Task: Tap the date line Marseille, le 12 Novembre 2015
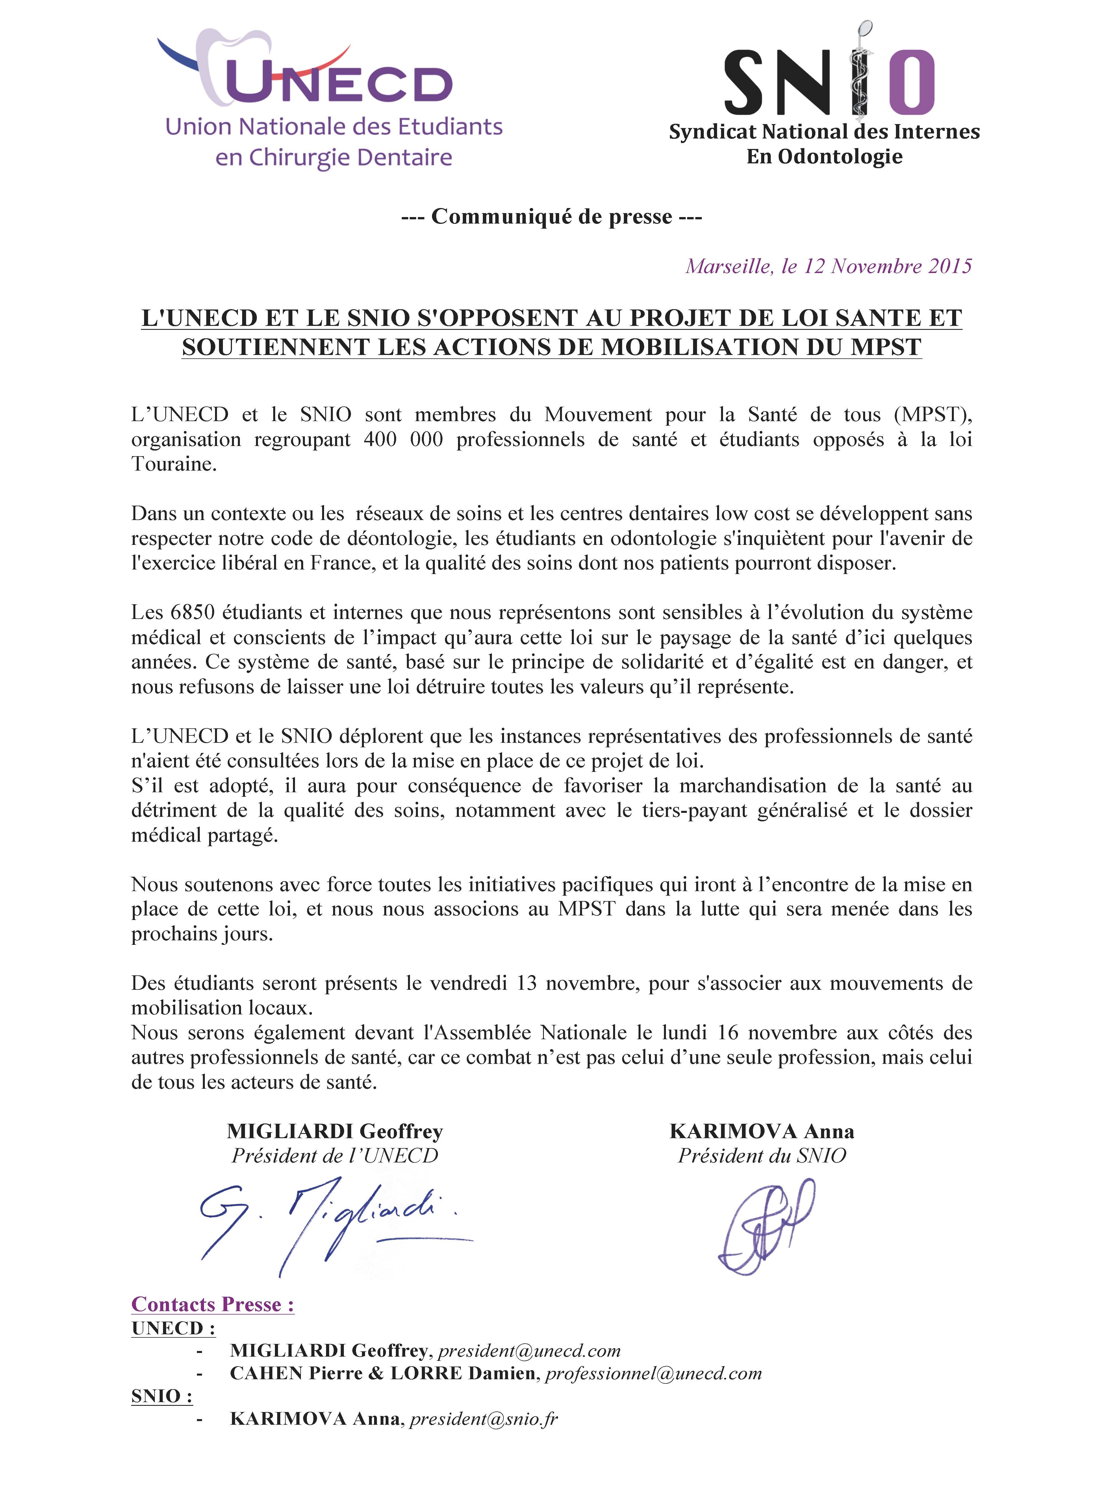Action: pyautogui.click(x=828, y=266)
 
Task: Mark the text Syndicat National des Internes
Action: pyautogui.click(x=824, y=132)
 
